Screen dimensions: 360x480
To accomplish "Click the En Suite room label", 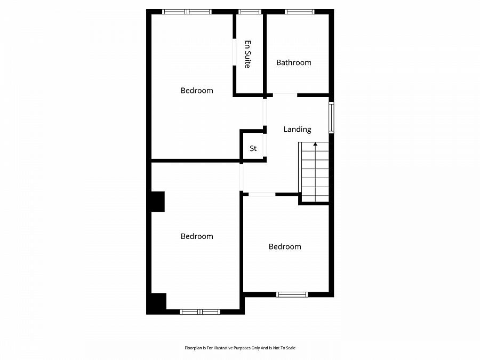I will tap(247, 54).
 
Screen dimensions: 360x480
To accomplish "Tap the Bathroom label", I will tap(293, 62).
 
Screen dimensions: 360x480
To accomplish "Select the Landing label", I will tap(297, 129).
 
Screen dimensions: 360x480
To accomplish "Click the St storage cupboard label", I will tap(253, 148).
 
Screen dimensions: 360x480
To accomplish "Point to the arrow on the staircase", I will tap(315, 143).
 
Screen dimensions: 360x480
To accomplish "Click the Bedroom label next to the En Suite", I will tap(197, 91).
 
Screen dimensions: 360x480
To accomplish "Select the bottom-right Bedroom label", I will tap(285, 246).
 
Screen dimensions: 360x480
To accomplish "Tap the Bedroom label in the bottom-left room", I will tap(197, 236).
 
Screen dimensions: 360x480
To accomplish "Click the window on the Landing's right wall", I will tap(331, 118).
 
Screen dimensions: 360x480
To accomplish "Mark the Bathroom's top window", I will tap(299, 12).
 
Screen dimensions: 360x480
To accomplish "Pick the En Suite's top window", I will tap(249, 12).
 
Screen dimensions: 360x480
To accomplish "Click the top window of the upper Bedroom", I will tap(187, 12).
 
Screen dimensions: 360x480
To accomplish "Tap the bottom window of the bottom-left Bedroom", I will tap(200, 311).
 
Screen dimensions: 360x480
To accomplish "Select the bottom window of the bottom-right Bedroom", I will tap(292, 294).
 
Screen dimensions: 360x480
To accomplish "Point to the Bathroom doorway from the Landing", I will tap(285, 95).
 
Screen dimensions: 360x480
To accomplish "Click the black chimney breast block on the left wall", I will tap(158, 202).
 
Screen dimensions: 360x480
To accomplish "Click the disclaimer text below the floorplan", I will tap(239, 348).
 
